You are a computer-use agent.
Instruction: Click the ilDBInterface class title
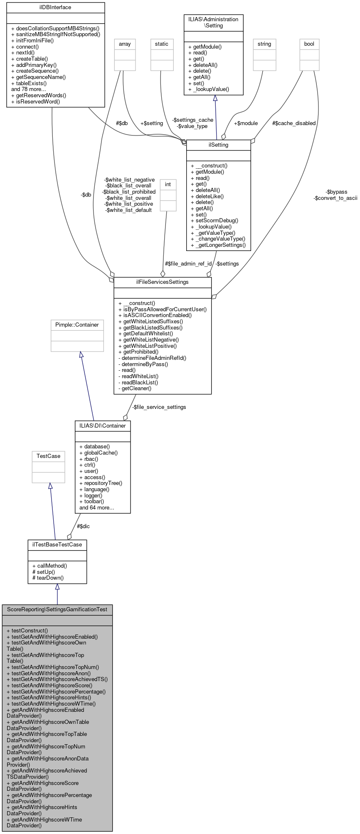coord(55,7)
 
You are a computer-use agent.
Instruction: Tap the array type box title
coord(125,44)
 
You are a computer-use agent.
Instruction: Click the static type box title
coord(162,44)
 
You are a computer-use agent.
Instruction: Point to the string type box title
coord(264,44)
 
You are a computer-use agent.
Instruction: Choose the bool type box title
coord(309,44)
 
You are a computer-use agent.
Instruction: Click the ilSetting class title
coord(218,145)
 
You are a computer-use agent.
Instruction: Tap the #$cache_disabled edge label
coord(294,123)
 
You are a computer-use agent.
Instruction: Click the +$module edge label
coord(246,123)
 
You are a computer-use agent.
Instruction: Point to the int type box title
coord(168,185)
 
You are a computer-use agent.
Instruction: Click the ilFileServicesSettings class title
coord(162,282)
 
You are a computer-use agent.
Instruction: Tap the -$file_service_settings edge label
coord(159,407)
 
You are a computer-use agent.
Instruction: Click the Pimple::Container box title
coord(77,325)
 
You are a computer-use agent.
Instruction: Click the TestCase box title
coord(48,456)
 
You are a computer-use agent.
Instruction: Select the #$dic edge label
coord(83,526)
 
